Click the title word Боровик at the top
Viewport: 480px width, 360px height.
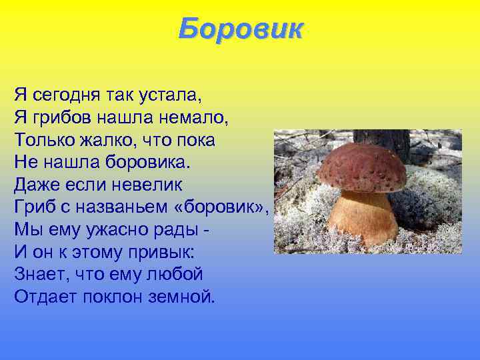(240, 29)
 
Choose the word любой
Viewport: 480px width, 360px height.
(175, 275)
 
